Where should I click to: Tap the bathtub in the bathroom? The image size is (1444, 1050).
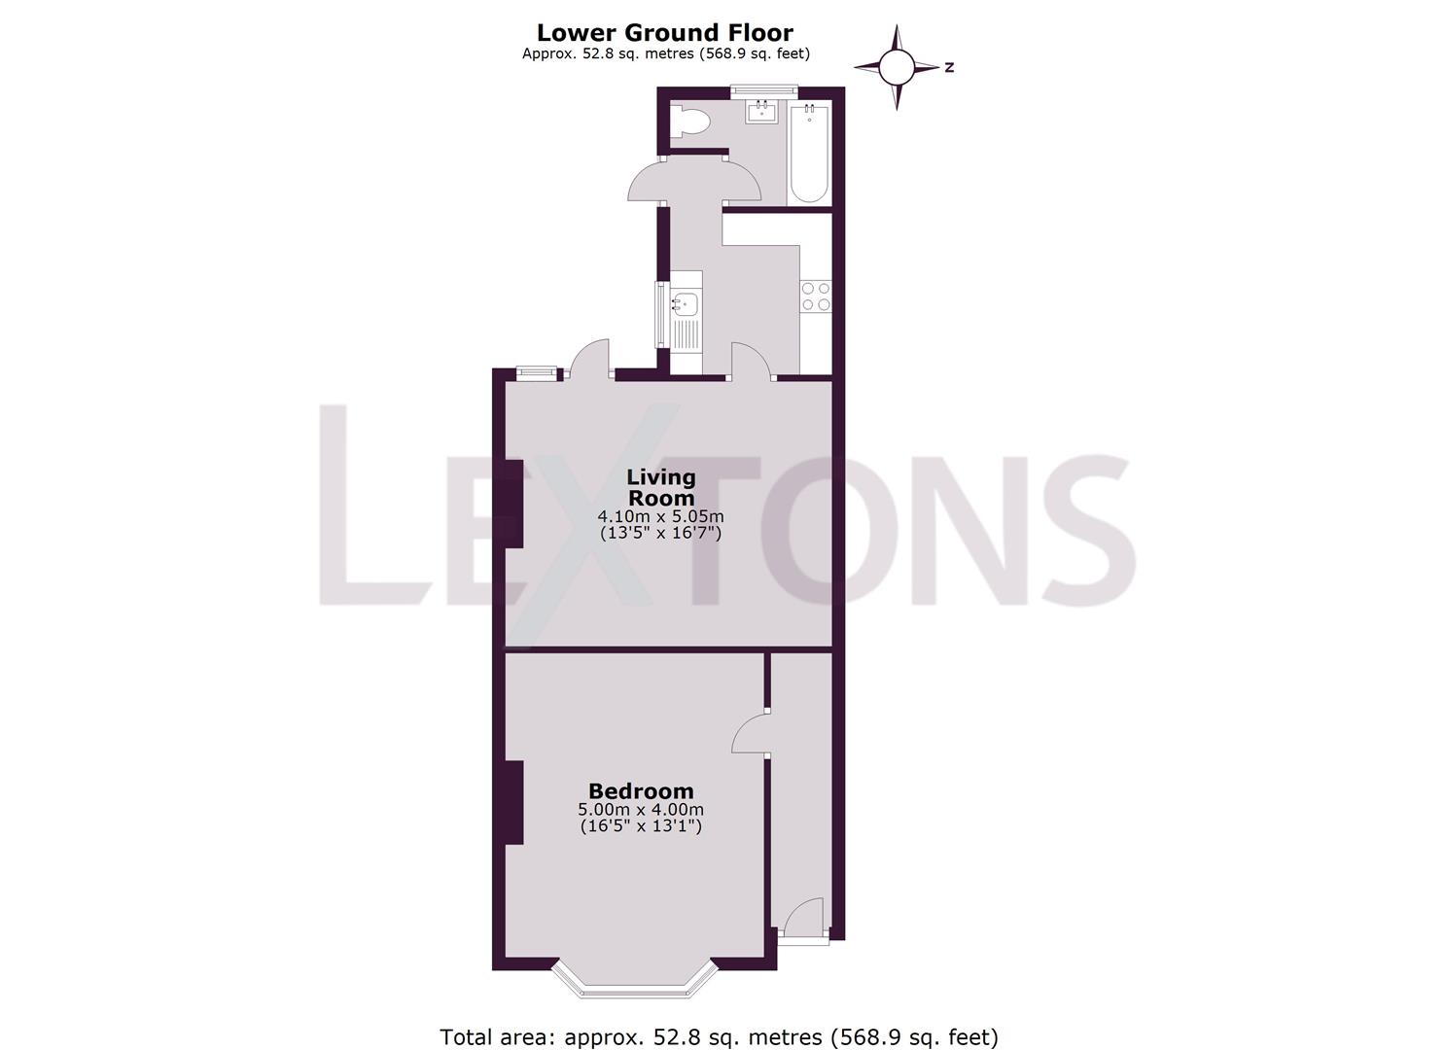coord(809,153)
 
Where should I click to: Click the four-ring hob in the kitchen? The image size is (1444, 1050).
coord(815,296)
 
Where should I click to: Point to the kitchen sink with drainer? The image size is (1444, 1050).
coord(687,321)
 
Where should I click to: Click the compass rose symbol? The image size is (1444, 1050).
coord(897,67)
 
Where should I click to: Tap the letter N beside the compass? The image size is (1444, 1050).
coord(948,67)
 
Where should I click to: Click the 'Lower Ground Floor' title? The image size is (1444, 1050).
coord(666,32)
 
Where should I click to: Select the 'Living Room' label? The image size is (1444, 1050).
coord(661,487)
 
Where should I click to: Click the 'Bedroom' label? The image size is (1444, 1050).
coord(641,791)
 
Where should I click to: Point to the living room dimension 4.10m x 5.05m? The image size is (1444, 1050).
coord(661,516)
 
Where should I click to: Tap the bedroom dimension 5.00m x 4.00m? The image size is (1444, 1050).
coord(641,810)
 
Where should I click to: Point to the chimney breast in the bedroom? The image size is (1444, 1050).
coord(512,802)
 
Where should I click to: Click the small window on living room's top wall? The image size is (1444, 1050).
coord(537,370)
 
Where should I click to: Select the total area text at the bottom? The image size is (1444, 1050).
coord(719,1036)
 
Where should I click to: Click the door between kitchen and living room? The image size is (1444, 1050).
coord(751,360)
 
